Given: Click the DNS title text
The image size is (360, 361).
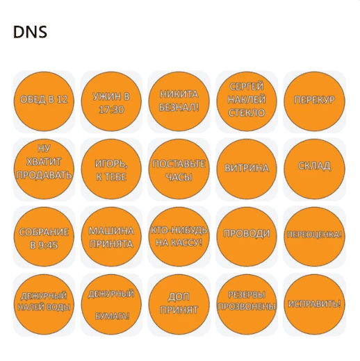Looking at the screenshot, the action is [30, 32].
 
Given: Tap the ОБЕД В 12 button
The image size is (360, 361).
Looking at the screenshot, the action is [44, 101].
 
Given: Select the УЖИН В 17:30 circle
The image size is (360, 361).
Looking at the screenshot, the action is [111, 101].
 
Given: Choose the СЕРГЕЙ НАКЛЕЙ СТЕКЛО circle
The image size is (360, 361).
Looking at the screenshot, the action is [247, 101].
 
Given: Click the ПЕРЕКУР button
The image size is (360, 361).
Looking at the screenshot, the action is [314, 101].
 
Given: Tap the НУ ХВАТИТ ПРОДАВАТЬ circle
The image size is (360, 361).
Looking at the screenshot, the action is [44, 169].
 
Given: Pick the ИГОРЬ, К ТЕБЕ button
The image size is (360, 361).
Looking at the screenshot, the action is [111, 169].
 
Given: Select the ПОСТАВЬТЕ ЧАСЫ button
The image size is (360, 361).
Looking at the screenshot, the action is [179, 169].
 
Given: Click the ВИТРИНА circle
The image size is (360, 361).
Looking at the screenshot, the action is [247, 169].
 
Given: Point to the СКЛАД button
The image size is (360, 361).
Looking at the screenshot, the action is [314, 169].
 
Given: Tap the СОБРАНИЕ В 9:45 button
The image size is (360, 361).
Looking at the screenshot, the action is [44, 237].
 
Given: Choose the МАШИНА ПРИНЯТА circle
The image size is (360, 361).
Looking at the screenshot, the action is [111, 237].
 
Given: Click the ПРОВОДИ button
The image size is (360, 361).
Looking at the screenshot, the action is [247, 237].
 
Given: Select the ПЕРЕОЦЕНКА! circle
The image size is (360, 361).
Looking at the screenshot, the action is [314, 237].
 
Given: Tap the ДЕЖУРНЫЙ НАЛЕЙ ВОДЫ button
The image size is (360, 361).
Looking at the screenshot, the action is [44, 304].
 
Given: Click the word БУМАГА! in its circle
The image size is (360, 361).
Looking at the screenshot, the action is [112, 316].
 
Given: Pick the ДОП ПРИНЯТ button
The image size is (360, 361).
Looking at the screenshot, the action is [179, 304].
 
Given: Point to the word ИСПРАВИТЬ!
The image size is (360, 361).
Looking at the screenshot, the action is [314, 303].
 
